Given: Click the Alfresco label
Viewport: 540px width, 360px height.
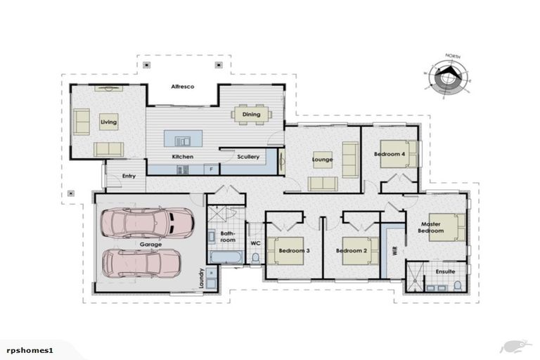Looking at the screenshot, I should tap(182, 86).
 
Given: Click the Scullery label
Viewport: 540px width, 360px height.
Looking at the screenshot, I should tap(247, 157).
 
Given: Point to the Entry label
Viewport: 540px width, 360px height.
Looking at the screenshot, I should tap(129, 176).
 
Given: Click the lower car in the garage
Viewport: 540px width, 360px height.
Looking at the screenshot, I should tap(141, 263).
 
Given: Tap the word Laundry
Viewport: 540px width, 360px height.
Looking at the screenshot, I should tap(201, 278).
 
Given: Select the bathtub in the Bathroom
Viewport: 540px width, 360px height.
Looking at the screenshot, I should tap(226, 258).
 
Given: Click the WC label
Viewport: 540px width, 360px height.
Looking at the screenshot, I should tap(256, 243).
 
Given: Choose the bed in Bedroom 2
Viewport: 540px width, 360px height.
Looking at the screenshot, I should tap(356, 251).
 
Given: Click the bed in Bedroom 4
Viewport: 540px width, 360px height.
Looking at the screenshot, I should tap(397, 154).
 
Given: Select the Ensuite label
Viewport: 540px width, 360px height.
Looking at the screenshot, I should tap(445, 271).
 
